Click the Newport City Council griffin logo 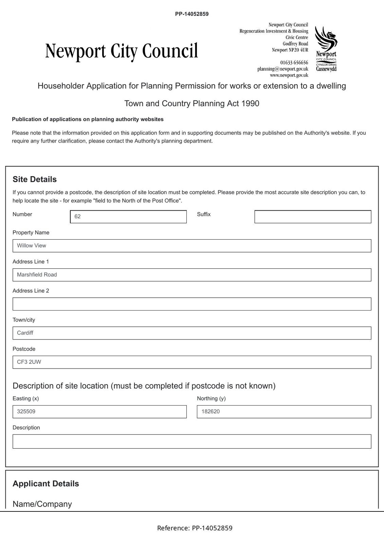326,49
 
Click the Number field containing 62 128,217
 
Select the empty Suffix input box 312,217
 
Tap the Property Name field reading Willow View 191,246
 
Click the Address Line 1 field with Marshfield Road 191,275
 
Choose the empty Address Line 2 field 191,304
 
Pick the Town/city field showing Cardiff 191,333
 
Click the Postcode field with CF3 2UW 191,362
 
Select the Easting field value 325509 99,412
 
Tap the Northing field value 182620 284,412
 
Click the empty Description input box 191,442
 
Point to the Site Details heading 35,179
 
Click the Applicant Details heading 46,484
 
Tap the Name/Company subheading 42,504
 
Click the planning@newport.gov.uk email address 282,69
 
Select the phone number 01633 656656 294,62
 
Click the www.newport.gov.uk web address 289,75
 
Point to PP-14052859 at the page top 192,14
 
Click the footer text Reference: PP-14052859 195,528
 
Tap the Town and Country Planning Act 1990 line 192,104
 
